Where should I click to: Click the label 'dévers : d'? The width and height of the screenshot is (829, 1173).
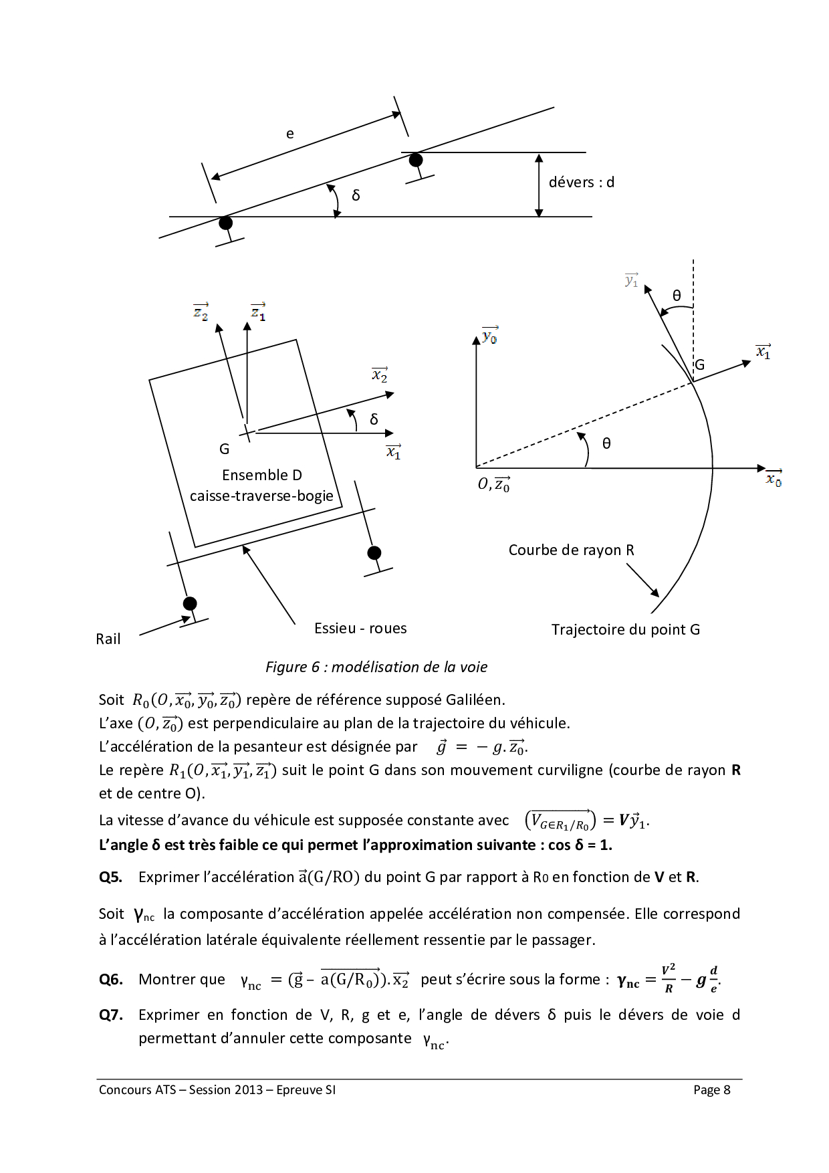tap(581, 182)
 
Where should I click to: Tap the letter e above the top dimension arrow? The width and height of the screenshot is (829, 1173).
tap(289, 134)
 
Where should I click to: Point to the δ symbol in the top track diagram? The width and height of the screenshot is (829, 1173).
tap(356, 195)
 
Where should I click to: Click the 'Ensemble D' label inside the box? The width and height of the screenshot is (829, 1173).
tap(261, 475)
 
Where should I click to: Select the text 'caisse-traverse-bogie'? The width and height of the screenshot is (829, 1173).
tap(261, 496)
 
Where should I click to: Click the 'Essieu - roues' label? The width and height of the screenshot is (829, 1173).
tap(360, 628)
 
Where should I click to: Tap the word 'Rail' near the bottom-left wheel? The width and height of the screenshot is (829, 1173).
tap(108, 639)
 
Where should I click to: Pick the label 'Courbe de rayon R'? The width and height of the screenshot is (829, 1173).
tap(571, 550)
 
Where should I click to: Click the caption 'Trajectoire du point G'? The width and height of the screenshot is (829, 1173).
tap(625, 629)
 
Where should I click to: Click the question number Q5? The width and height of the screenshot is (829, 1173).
tap(110, 877)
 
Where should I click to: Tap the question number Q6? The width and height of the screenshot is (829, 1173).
tap(110, 979)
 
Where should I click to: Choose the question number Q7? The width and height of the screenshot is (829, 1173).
tap(110, 1015)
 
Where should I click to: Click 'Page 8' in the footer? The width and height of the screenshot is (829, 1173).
tap(711, 1090)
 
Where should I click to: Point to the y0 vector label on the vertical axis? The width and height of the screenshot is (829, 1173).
tap(490, 335)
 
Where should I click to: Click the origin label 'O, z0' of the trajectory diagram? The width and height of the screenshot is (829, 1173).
tap(494, 484)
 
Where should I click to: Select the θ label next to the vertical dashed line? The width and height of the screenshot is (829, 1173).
tap(677, 296)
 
